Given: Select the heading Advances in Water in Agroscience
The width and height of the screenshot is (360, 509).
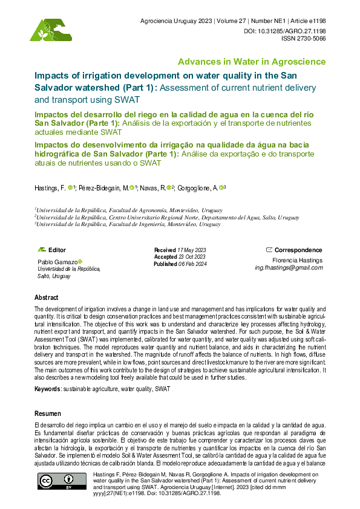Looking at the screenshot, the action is click(251, 62).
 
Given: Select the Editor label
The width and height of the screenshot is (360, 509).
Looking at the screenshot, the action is click(57, 250).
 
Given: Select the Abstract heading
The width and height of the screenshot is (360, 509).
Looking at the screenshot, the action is click(47, 298).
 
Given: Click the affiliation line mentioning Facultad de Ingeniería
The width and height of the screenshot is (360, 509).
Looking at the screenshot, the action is click(128, 224).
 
